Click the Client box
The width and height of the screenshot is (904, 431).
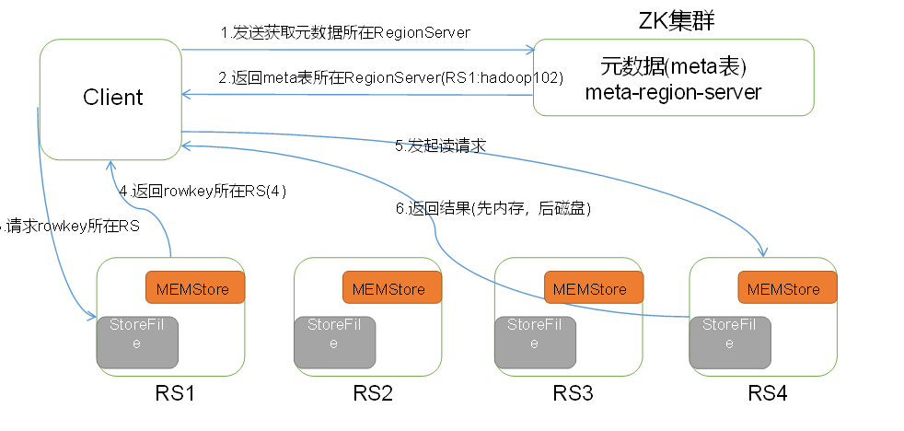[x=110, y=98]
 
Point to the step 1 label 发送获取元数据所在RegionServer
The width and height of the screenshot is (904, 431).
[x=345, y=33]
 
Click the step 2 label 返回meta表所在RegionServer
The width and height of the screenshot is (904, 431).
[x=390, y=78]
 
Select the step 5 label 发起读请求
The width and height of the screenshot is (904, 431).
[x=440, y=145]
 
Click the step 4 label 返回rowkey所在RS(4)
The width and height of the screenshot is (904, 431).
[x=209, y=192]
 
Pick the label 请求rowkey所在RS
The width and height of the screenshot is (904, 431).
[x=72, y=225]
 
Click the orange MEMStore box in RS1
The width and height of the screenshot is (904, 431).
[x=194, y=288]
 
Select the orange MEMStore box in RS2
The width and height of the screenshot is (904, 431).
[x=392, y=288]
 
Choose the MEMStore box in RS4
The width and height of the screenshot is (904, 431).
[x=788, y=288]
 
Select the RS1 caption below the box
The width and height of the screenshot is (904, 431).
[x=175, y=394]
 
